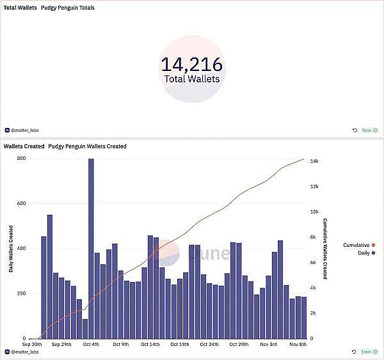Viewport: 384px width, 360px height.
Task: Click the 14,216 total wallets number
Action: pyautogui.click(x=191, y=64)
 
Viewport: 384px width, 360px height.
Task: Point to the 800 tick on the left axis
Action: pyautogui.click(x=22, y=159)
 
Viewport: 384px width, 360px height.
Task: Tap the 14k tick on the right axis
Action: pyautogui.click(x=314, y=161)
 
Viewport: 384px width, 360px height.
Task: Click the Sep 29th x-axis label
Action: pyautogui.click(x=61, y=344)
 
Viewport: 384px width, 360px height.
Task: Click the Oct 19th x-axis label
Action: pyautogui.click(x=180, y=344)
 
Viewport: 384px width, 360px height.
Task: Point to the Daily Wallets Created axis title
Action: pyautogui.click(x=11, y=248)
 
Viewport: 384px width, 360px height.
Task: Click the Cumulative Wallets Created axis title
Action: pyautogui.click(x=325, y=248)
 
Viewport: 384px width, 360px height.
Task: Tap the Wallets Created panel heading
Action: pyautogui.click(x=24, y=146)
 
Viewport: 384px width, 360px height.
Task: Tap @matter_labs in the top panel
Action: pyautogui.click(x=24, y=130)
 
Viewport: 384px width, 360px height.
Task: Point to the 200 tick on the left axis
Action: pyautogui.click(x=22, y=293)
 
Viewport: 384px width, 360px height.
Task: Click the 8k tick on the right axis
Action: pyautogui.click(x=314, y=237)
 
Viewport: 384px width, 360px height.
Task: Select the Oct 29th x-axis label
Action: pyautogui.click(x=239, y=344)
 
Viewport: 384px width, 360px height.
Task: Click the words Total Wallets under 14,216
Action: pyautogui.click(x=191, y=79)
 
